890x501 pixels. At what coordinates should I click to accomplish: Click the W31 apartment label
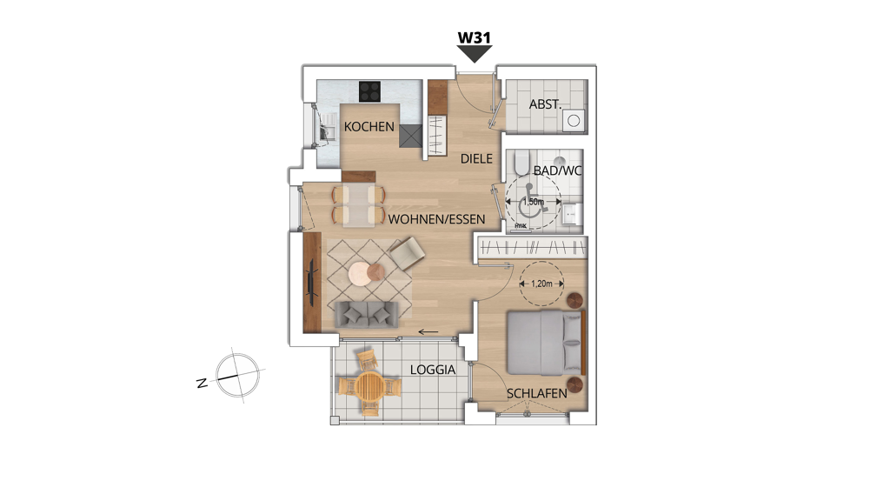click(x=474, y=37)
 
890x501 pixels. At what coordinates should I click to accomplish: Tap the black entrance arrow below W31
click(x=475, y=54)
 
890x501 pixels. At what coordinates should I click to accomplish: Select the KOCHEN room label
click(x=369, y=127)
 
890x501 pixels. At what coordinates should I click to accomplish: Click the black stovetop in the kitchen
click(x=369, y=91)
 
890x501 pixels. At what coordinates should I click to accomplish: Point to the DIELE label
click(x=476, y=159)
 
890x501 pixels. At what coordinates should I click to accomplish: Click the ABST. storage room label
click(x=545, y=104)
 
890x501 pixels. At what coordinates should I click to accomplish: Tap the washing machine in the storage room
click(x=574, y=120)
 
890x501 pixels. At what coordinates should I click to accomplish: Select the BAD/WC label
click(x=557, y=170)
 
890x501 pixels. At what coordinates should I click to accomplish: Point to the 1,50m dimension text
click(x=533, y=202)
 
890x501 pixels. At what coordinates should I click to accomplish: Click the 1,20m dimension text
click(x=541, y=284)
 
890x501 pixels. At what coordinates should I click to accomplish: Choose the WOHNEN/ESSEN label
click(x=436, y=219)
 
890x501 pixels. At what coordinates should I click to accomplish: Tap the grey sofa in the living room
click(x=366, y=315)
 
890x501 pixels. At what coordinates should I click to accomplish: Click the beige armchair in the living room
click(x=407, y=252)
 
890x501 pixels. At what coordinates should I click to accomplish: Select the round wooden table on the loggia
click(x=369, y=386)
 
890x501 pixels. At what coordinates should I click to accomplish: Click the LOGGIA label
click(x=433, y=370)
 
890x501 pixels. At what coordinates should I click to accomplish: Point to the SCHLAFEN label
click(x=537, y=394)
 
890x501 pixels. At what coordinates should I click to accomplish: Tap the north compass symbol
click(x=237, y=375)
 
